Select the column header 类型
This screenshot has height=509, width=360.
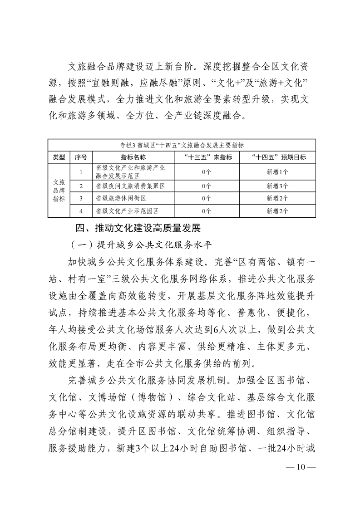[59, 157]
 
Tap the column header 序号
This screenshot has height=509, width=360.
[81, 157]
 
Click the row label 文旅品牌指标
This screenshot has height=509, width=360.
[59, 192]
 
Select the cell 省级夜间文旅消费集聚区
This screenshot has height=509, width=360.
[130, 186]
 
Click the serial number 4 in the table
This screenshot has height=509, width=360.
[81, 210]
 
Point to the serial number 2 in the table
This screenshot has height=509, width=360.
[81, 186]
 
